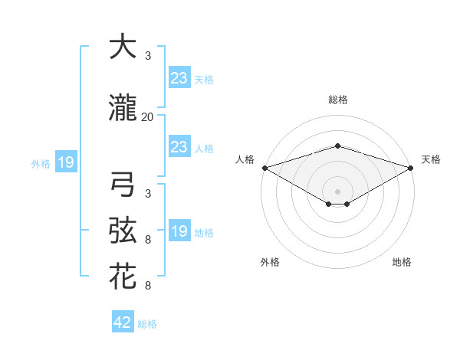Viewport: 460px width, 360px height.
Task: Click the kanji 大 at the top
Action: coord(123,47)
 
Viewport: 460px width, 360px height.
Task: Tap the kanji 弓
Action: coord(123,185)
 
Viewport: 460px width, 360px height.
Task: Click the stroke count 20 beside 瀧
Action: coord(148,117)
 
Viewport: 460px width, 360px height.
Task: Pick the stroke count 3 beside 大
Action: coord(148,56)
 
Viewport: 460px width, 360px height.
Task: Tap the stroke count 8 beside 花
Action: coord(148,286)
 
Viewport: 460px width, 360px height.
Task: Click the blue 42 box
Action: coord(123,322)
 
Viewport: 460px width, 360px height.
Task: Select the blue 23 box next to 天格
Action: coord(179,78)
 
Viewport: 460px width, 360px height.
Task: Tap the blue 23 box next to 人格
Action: coord(179,147)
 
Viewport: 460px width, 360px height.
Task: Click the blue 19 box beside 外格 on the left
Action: coord(65,162)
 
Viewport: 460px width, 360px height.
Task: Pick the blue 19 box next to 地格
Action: coord(179,231)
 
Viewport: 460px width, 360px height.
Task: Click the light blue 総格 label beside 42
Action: coord(147,324)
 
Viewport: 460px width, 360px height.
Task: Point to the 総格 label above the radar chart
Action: coord(337,100)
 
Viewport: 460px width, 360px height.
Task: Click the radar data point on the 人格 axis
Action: coord(264,168)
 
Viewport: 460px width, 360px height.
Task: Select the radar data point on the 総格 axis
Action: coord(337,146)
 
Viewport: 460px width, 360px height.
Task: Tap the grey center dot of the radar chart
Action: coord(337,190)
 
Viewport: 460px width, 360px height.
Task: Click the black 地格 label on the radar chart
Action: coord(402,263)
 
